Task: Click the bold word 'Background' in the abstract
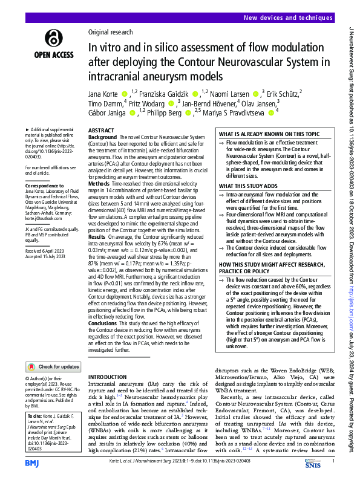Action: [x=102, y=138]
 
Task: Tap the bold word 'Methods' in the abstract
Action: [x=99, y=182]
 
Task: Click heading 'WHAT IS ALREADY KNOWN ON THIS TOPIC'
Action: [x=270, y=134]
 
